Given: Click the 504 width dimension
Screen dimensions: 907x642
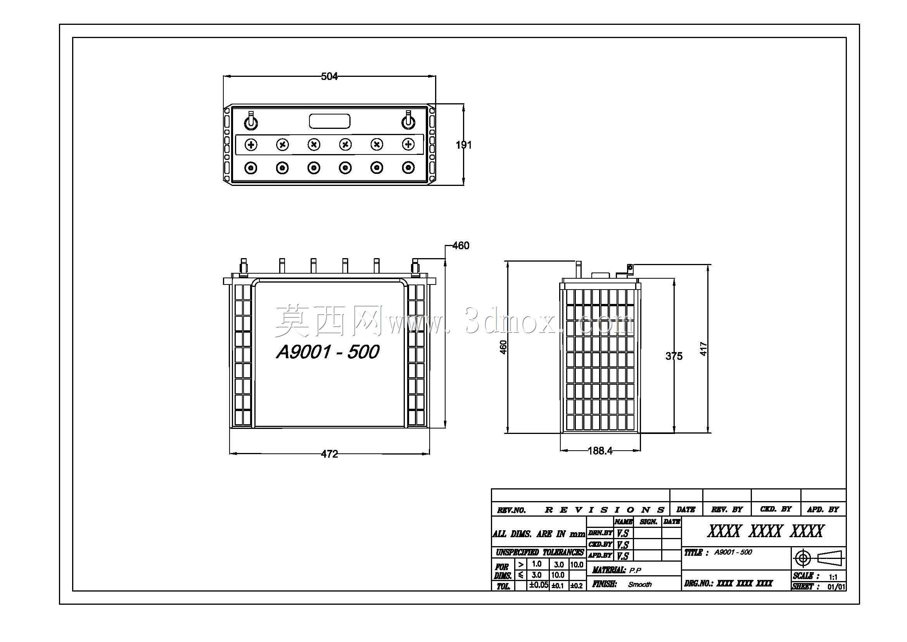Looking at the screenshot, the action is (x=330, y=76).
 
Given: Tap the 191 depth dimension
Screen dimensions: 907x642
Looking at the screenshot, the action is (x=464, y=145).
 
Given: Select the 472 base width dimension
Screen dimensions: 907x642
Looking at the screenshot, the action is (x=330, y=454).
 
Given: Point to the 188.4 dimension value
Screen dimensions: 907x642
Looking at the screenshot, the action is (x=600, y=451).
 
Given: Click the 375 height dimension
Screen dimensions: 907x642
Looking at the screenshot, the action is (x=674, y=356).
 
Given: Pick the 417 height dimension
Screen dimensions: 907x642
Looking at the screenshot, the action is (x=703, y=349).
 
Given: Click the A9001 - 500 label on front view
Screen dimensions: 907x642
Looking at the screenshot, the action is (x=328, y=352).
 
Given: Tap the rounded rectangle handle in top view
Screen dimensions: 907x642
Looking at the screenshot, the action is (x=330, y=121).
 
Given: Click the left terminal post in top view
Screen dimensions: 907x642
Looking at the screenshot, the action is (x=251, y=121).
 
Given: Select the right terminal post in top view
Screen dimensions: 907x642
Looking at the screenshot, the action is (x=408, y=121).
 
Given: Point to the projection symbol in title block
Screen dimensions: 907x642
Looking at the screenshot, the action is (x=819, y=559).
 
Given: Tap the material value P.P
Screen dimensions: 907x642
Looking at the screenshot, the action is (x=635, y=571).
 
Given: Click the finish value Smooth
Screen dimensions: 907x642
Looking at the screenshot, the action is (x=640, y=584).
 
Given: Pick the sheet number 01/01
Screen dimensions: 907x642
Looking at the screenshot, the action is (x=837, y=587).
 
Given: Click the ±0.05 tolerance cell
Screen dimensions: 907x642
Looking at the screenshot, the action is (x=539, y=585).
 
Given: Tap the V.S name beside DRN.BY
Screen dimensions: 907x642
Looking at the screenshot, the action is (x=623, y=533).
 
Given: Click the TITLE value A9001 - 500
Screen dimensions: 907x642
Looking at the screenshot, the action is (x=733, y=552).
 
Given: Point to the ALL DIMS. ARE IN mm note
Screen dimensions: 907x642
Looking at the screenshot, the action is (x=539, y=534).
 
